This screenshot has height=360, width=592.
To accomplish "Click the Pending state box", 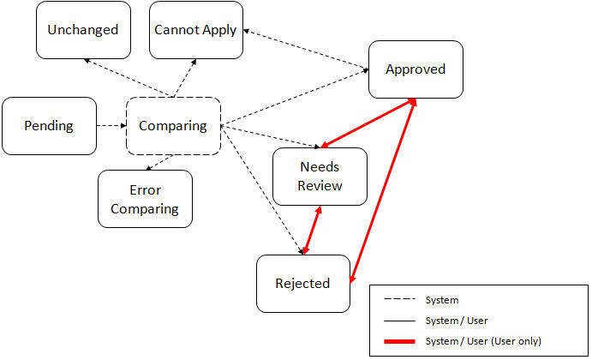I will [x=49, y=126].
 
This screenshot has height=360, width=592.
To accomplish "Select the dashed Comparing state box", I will [x=173, y=126].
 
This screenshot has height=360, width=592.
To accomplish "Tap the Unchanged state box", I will [x=83, y=30].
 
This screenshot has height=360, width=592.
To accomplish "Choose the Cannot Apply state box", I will [x=195, y=30].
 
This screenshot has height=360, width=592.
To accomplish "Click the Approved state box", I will [x=416, y=69].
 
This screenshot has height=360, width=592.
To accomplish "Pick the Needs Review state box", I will [x=320, y=177].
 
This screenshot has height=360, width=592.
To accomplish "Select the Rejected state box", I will [x=303, y=283].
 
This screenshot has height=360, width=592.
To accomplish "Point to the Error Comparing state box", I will [x=145, y=199].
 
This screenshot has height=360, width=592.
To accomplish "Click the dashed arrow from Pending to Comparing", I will [x=111, y=126].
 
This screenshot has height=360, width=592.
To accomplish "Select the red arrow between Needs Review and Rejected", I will [x=311, y=231].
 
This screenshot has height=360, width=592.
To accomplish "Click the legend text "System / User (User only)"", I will [x=482, y=340].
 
